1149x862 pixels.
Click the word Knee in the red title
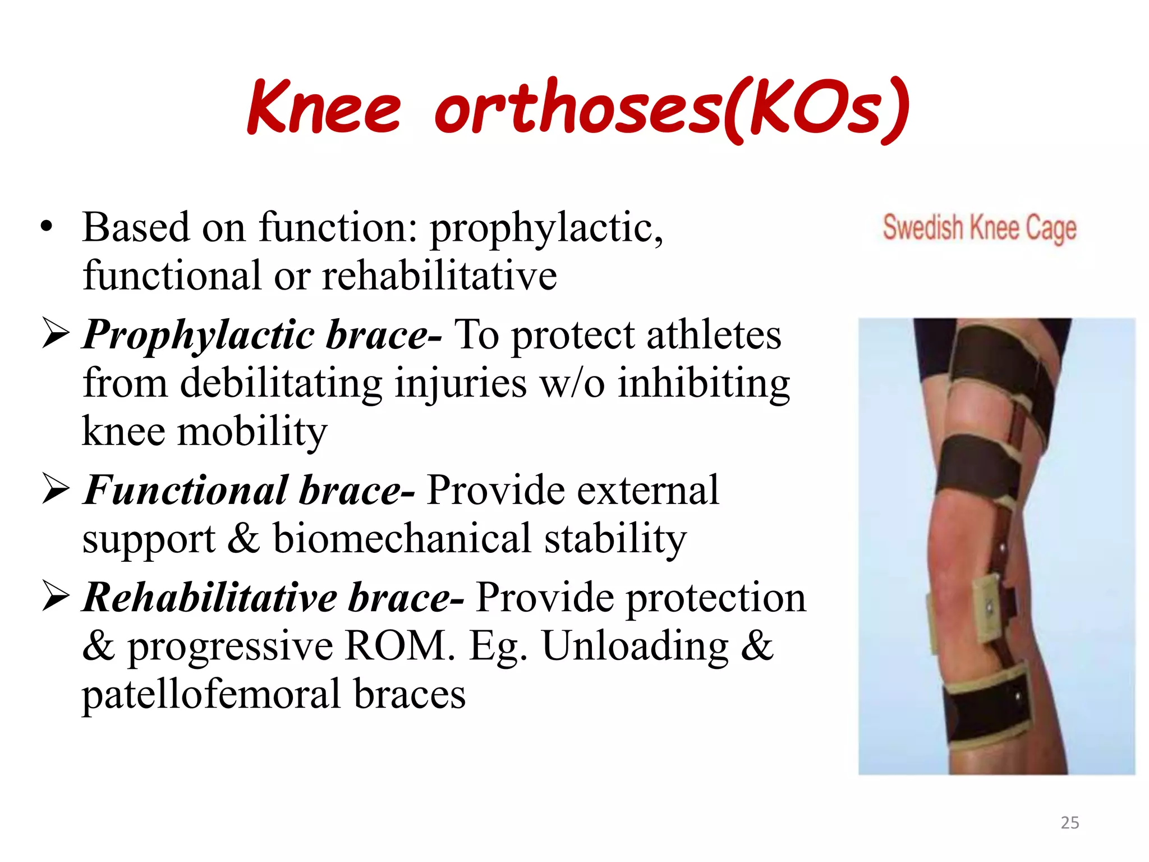324,107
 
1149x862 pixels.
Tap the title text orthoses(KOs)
670,108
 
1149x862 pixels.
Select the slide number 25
1069,823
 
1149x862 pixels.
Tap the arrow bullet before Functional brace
55,489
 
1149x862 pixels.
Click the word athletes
713,334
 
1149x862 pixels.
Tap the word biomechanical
402,538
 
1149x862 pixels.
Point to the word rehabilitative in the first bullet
439,276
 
